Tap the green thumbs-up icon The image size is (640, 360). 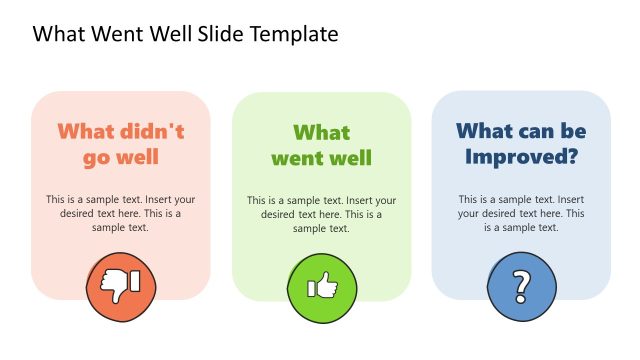(321, 288)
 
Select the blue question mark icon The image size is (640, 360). (521, 288)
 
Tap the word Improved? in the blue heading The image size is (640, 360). (521, 157)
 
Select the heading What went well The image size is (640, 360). (321, 145)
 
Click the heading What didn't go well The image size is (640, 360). (121, 145)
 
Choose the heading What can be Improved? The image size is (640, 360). (521, 144)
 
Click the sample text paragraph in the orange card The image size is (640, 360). (121, 213)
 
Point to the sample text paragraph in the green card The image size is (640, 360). (321, 214)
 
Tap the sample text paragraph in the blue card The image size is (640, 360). (521, 213)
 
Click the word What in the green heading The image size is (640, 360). (321, 132)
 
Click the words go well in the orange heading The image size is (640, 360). (121, 158)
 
